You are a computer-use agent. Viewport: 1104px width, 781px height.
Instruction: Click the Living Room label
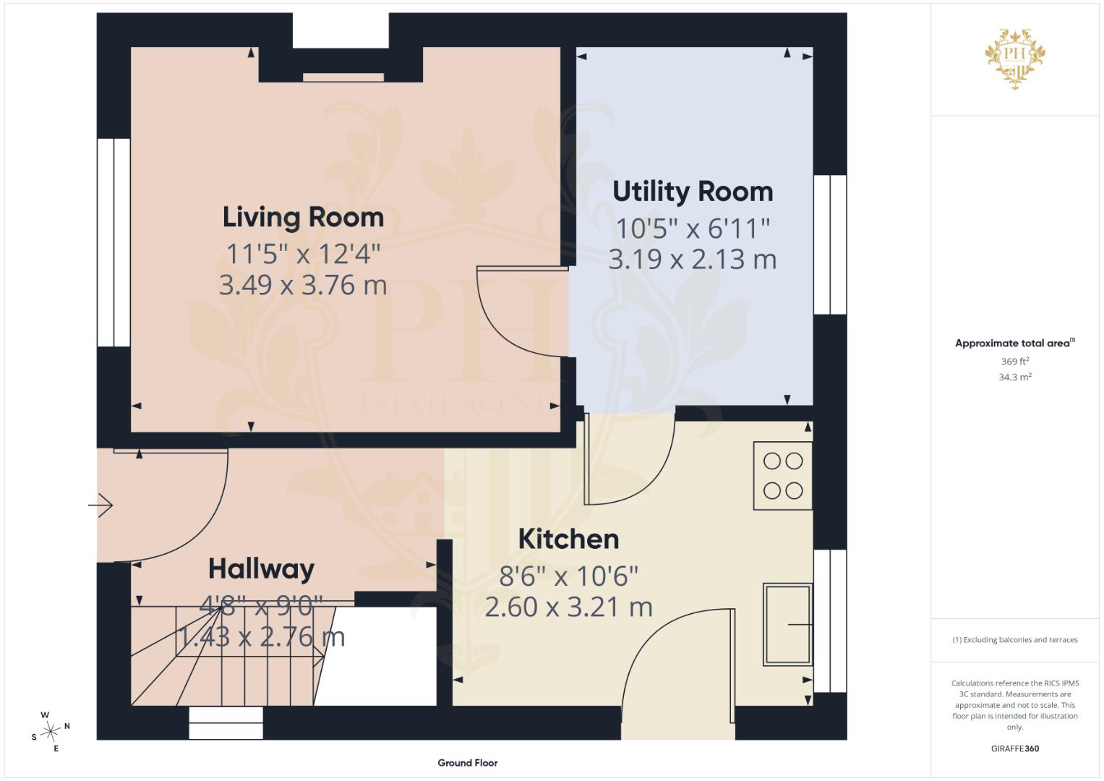303,218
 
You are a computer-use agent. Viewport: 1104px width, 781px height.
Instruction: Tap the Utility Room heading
693,192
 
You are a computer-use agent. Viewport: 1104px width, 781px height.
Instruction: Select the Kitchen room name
568,539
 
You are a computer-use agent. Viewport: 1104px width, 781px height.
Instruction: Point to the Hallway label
261,570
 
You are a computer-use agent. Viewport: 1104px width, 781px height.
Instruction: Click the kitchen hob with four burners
783,476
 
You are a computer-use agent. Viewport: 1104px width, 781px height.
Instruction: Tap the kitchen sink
787,625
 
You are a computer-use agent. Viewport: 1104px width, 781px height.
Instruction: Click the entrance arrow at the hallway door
100,505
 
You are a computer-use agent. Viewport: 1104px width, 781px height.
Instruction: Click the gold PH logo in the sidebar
1015,59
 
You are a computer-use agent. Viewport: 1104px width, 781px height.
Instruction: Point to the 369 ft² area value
1015,362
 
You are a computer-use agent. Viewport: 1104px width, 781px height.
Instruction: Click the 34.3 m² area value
1015,377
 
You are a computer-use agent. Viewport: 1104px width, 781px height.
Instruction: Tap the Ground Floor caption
468,763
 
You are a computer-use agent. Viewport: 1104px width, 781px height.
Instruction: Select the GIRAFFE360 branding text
1015,748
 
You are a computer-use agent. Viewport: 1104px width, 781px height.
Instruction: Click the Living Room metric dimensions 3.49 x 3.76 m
303,286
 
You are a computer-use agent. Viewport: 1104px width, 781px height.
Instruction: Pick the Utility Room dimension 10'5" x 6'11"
693,229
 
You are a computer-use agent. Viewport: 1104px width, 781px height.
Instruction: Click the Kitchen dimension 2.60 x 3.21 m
568,607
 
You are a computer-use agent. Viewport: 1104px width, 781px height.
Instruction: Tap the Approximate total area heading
1015,343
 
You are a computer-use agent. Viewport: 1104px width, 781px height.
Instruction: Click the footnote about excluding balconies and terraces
1015,640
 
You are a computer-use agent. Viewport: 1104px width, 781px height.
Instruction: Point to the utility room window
830,244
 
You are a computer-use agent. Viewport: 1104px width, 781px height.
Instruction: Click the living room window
114,242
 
